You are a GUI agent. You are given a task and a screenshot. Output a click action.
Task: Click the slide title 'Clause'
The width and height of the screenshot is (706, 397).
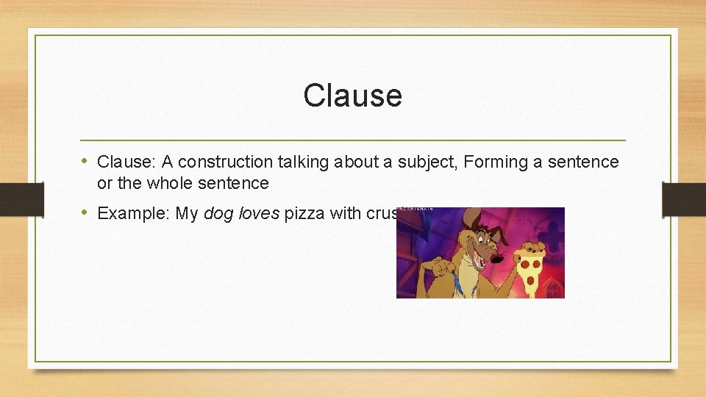coord(352,96)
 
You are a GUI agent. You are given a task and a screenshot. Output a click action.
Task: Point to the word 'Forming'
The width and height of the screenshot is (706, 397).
coord(495,162)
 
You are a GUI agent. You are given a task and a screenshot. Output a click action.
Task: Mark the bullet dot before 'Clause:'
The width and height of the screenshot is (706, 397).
coord(85,161)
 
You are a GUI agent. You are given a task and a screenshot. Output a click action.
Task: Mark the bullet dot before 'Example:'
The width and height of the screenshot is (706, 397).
coord(85,212)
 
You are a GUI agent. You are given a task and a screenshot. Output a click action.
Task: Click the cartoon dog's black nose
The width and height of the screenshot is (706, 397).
coord(499,257)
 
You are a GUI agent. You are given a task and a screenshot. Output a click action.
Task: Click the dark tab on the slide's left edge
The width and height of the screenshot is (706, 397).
coord(13,199)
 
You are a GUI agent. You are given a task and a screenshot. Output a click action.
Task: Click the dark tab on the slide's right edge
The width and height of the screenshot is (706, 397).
coord(684,199)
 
